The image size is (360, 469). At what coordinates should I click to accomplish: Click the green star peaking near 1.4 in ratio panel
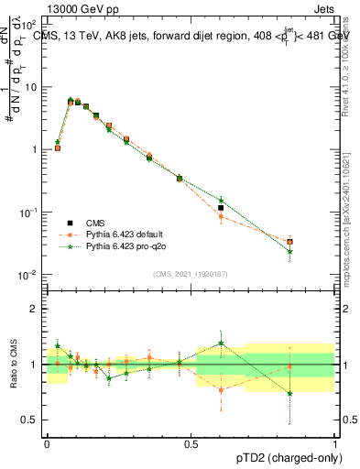[x=221, y=344]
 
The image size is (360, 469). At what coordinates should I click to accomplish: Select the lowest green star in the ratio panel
[x=289, y=394]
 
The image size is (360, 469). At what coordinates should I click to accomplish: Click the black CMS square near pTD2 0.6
[x=221, y=209]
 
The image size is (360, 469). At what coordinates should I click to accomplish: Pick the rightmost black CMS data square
[x=289, y=242]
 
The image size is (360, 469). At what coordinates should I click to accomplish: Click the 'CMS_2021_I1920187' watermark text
[x=191, y=273]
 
